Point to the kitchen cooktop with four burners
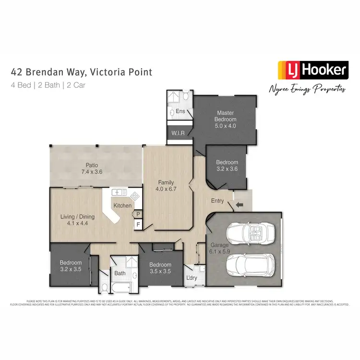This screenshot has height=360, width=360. pyautogui.click(x=135, y=196)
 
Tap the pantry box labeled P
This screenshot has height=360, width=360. pyautogui.click(x=138, y=214)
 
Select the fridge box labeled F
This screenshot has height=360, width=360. pyautogui.click(x=138, y=224)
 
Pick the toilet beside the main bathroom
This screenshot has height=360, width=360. pyautogui.click(x=104, y=288)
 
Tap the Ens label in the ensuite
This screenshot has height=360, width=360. pyautogui.click(x=180, y=111)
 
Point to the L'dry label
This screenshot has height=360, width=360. pyautogui.click(x=191, y=278)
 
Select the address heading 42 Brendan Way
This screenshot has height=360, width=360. pyautogui.click(x=81, y=72)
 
